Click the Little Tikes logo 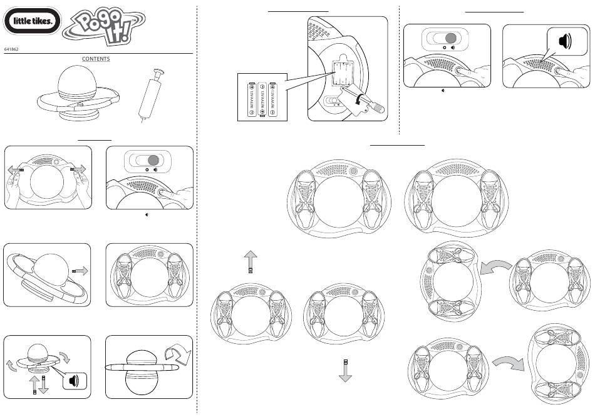tap(33, 24)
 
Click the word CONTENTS tap(96, 59)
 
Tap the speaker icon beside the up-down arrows tap(74, 380)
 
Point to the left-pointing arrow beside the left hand tap(14, 169)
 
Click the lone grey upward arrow tap(250, 259)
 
